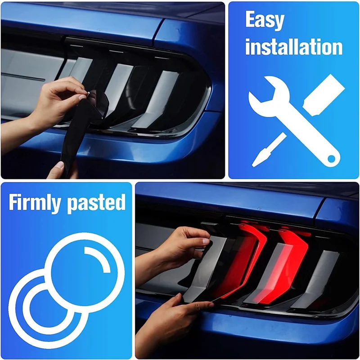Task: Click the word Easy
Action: (x=265, y=20)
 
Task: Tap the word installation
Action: (x=294, y=47)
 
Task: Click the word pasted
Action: (x=96, y=203)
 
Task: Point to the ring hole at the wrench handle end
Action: (x=332, y=158)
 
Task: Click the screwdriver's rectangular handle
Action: (x=323, y=92)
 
